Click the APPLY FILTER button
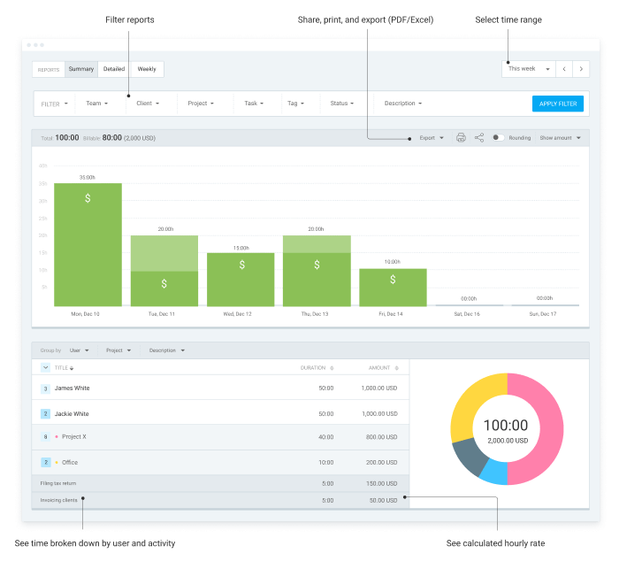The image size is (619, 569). (557, 104)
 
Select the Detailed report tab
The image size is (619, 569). (114, 69)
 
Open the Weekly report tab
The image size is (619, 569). (147, 69)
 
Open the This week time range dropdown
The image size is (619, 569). (529, 69)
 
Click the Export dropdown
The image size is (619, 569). (432, 138)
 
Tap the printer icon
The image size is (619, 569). (461, 138)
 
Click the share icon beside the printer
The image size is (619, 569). (479, 138)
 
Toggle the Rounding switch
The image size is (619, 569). (499, 138)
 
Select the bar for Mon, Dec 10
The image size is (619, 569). (88, 244)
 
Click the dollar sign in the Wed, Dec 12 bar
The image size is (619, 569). (241, 265)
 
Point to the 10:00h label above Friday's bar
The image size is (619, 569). (392, 262)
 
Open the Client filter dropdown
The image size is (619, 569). (147, 104)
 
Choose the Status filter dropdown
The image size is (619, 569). (342, 104)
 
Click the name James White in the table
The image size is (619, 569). (72, 388)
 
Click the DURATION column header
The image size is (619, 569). (313, 367)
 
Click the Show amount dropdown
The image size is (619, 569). (561, 138)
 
